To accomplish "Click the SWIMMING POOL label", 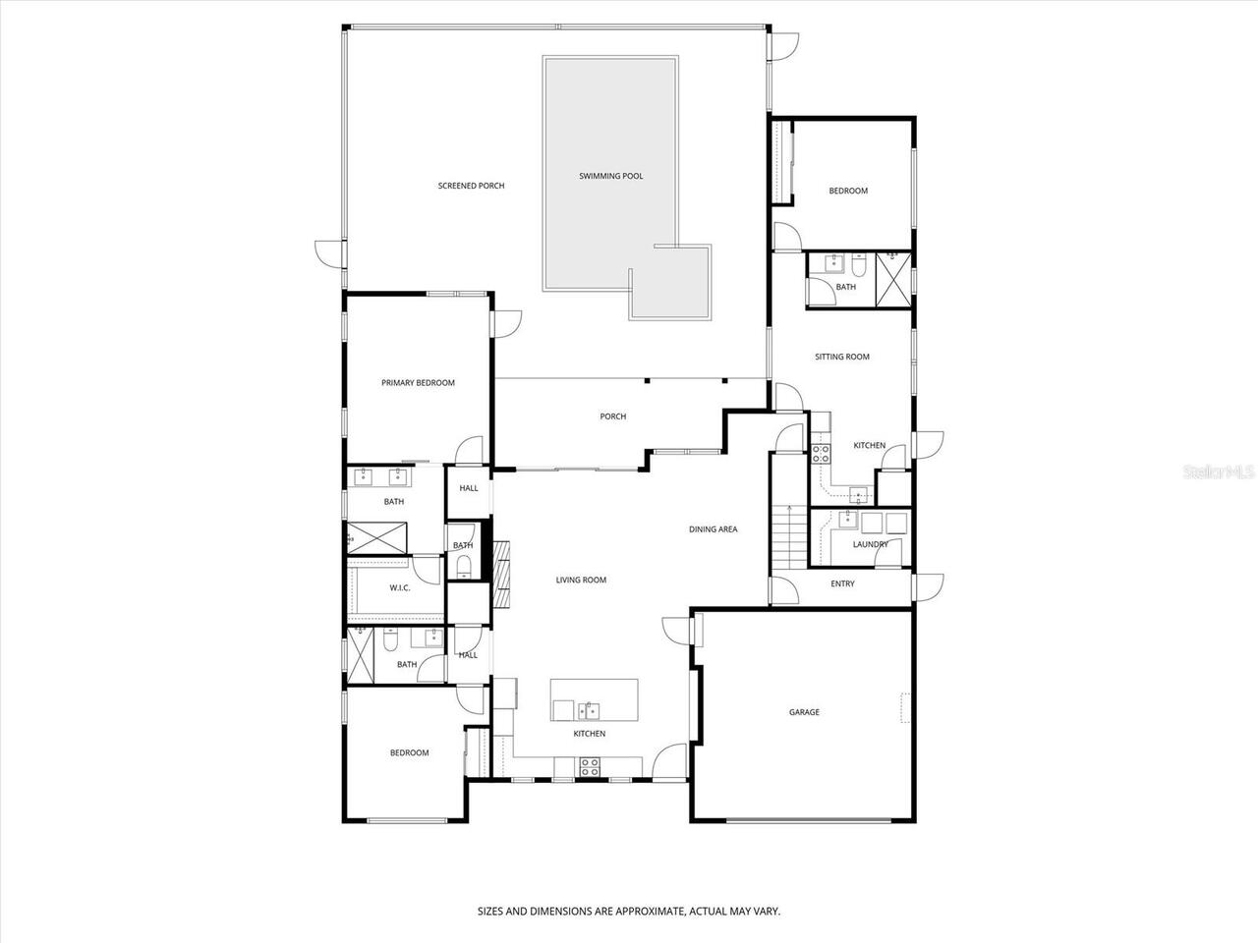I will tap(610, 176).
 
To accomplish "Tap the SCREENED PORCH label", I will tap(471, 186).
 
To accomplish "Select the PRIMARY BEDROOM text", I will tap(418, 383).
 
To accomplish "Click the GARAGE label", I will tap(804, 712).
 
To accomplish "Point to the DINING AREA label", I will tap(713, 529).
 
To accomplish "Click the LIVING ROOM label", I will tap(581, 581).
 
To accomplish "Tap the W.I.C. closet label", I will tap(399, 587).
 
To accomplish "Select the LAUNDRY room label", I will tap(870, 544).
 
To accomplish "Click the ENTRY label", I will tap(842, 583).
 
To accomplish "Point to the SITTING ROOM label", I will tap(842, 357).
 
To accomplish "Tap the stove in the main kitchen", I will tap(590, 767).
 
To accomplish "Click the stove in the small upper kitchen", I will tap(821, 453).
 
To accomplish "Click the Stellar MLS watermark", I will tap(1219, 472).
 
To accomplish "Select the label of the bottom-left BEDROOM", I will tap(409, 753).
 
